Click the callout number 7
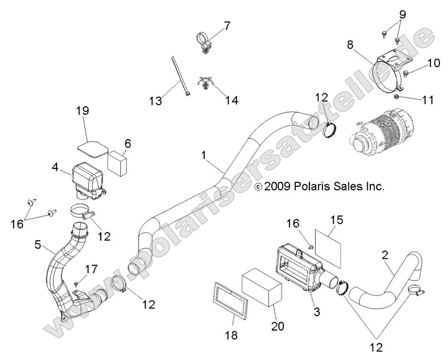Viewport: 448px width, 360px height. [x=227, y=26]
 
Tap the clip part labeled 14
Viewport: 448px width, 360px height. [x=205, y=84]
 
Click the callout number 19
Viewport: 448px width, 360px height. [x=83, y=112]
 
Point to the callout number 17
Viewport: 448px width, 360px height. [x=91, y=270]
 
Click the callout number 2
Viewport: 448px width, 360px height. [x=385, y=256]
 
